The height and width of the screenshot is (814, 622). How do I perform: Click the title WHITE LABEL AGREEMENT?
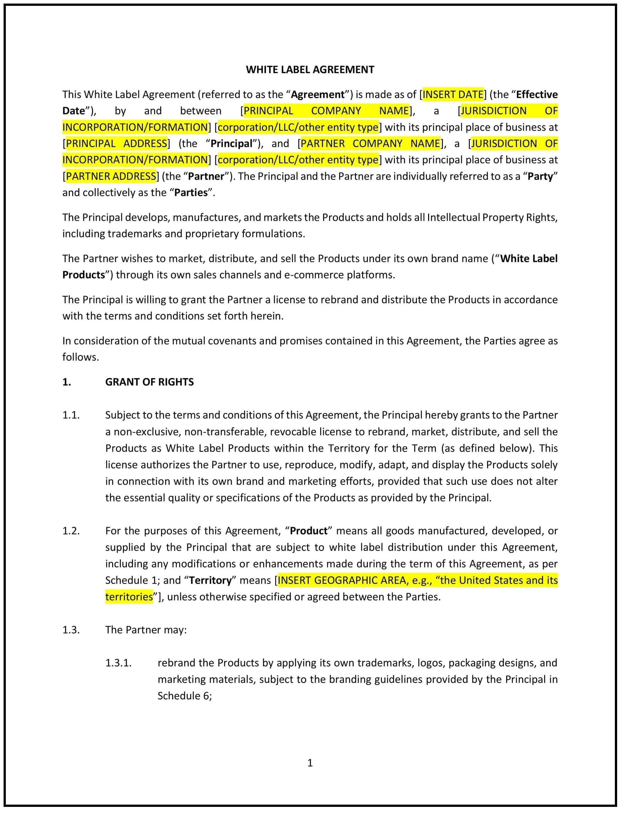pyautogui.click(x=310, y=70)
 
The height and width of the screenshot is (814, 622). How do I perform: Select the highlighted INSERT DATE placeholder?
pyautogui.click(x=453, y=94)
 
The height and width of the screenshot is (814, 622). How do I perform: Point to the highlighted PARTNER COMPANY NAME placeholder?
pyautogui.click(x=370, y=143)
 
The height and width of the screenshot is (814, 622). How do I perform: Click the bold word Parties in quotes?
pyautogui.click(x=191, y=193)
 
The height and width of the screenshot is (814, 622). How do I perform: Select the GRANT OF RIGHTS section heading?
pyautogui.click(x=149, y=382)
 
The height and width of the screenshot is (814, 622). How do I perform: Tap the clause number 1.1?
pyautogui.click(x=71, y=415)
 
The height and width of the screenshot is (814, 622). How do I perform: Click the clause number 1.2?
pyautogui.click(x=71, y=531)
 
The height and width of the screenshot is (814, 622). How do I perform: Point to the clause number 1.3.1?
pyautogui.click(x=119, y=663)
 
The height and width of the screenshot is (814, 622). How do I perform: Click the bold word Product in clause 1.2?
pyautogui.click(x=309, y=531)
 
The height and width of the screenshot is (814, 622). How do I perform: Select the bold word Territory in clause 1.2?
pyautogui.click(x=210, y=580)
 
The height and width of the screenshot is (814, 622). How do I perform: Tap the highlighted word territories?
pyautogui.click(x=129, y=597)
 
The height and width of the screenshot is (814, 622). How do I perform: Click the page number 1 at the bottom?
pyautogui.click(x=310, y=763)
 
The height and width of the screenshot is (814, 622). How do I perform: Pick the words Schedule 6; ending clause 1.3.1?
pyautogui.click(x=184, y=696)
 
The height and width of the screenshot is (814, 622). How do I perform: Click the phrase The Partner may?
pyautogui.click(x=146, y=630)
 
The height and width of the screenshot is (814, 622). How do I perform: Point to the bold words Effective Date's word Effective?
pyautogui.click(x=536, y=94)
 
